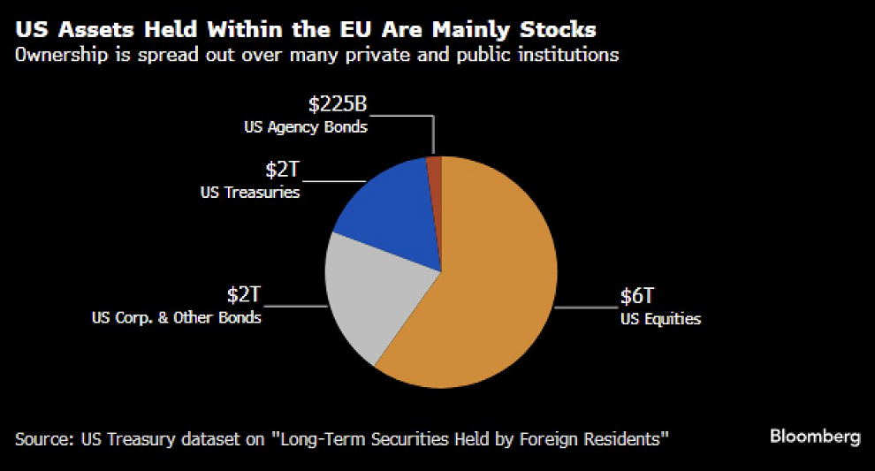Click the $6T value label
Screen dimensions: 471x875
pyautogui.click(x=637, y=297)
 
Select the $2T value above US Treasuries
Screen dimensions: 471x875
pyautogui.click(x=283, y=169)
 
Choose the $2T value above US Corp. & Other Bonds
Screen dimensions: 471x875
pyautogui.click(x=244, y=295)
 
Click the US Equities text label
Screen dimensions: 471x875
pyautogui.click(x=660, y=319)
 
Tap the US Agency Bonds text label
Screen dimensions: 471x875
pyautogui.click(x=306, y=126)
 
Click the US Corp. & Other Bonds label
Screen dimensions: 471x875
pyautogui.click(x=177, y=316)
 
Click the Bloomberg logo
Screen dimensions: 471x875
pyautogui.click(x=814, y=437)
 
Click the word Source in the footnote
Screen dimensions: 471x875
pyautogui.click(x=42, y=438)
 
